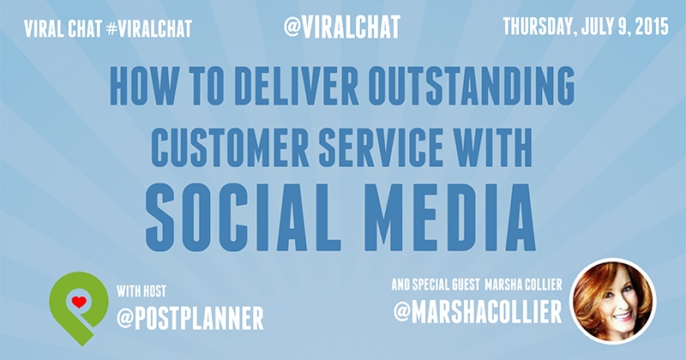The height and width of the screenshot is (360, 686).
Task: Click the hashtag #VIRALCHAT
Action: point(148,29)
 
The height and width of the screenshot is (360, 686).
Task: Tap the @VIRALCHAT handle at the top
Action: point(341,27)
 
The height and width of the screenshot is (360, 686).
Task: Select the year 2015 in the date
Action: point(651,27)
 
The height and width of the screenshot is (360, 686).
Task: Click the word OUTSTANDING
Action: point(471,86)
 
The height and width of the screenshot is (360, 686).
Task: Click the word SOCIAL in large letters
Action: point(244,218)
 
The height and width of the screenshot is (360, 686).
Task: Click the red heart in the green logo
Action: point(79,303)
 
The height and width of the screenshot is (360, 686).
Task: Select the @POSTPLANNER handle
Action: point(190,318)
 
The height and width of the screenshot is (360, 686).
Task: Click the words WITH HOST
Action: point(141,291)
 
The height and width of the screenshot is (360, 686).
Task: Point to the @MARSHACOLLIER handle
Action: point(478,312)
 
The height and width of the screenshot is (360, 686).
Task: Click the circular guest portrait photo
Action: point(612,302)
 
